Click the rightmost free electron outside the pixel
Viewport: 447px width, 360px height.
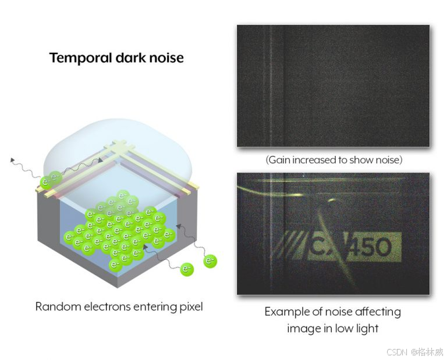210,262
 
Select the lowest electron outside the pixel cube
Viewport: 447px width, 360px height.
187,269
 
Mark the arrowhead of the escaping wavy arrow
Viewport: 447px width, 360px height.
11,158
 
